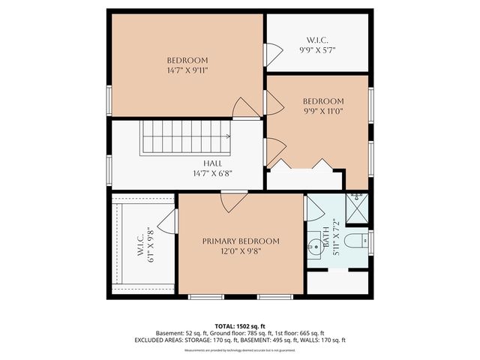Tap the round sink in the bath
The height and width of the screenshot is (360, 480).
pyautogui.click(x=313, y=244)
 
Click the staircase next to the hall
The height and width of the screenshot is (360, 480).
pyautogui.click(x=186, y=138)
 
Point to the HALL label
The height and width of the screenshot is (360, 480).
pyautogui.click(x=212, y=163)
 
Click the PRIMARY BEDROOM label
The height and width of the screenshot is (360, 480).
pyautogui.click(x=240, y=241)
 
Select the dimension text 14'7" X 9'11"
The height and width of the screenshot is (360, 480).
pyautogui.click(x=187, y=70)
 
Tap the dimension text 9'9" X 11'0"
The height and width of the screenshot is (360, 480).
pyautogui.click(x=323, y=112)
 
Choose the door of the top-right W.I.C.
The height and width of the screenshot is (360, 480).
pyautogui.click(x=272, y=52)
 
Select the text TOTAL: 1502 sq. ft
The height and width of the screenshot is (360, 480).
pyautogui.click(x=239, y=326)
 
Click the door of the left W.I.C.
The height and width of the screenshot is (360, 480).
pyautogui.click(x=169, y=222)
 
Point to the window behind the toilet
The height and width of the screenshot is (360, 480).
pyautogui.click(x=370, y=241)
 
